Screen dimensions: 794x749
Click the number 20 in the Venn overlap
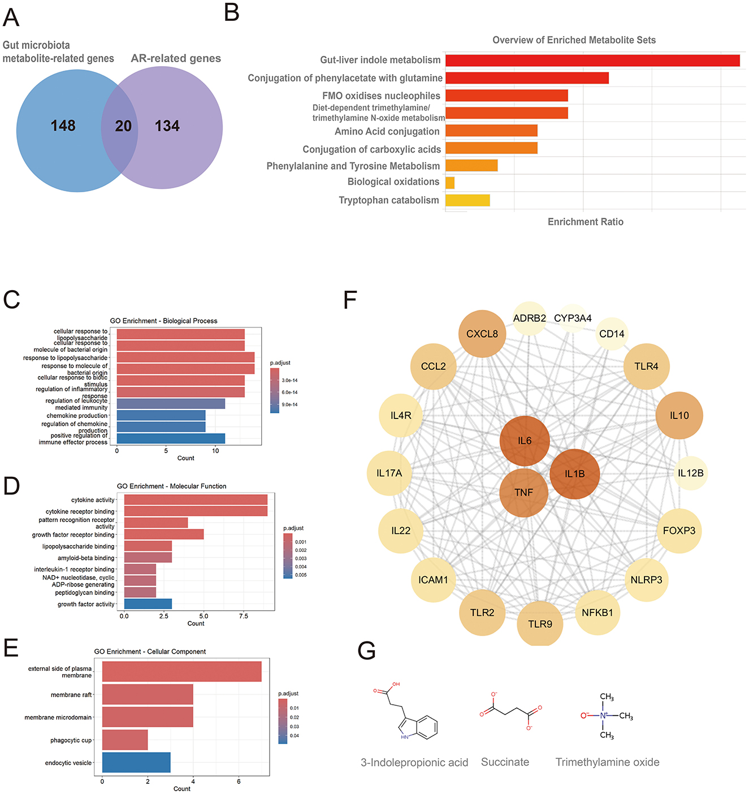click(x=123, y=126)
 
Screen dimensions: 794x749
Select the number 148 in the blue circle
click(x=63, y=126)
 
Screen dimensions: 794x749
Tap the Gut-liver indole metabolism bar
click(x=592, y=61)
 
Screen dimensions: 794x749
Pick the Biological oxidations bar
click(x=450, y=183)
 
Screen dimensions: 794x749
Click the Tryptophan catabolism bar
click(x=467, y=200)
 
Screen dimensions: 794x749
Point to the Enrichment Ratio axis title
click(x=585, y=222)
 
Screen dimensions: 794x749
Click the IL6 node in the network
click(x=525, y=441)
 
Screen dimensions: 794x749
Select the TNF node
click(x=523, y=493)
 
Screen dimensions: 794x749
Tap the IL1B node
click(x=574, y=474)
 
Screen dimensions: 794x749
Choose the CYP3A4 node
click(x=573, y=318)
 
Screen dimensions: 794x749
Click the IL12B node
click(x=690, y=473)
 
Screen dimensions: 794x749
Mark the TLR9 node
click(x=540, y=624)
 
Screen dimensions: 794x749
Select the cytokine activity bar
click(x=196, y=500)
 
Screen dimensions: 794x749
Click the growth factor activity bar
click(x=148, y=604)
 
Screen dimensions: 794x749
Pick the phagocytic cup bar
click(x=125, y=740)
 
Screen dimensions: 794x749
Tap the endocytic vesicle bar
click(x=136, y=762)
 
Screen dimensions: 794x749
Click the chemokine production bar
click(x=161, y=416)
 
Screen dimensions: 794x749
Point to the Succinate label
click(x=505, y=762)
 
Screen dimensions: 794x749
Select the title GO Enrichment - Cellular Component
click(x=150, y=651)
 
